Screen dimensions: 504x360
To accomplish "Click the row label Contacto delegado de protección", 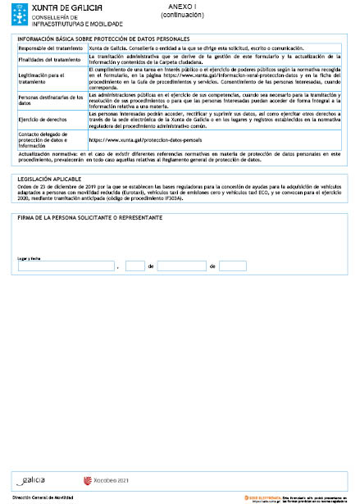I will (48, 139).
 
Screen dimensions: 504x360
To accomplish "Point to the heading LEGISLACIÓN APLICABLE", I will (49, 179).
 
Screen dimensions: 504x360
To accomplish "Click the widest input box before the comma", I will (65, 266).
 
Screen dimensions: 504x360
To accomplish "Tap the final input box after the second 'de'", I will (233, 266).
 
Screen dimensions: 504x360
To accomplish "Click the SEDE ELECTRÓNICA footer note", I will (295, 497).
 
